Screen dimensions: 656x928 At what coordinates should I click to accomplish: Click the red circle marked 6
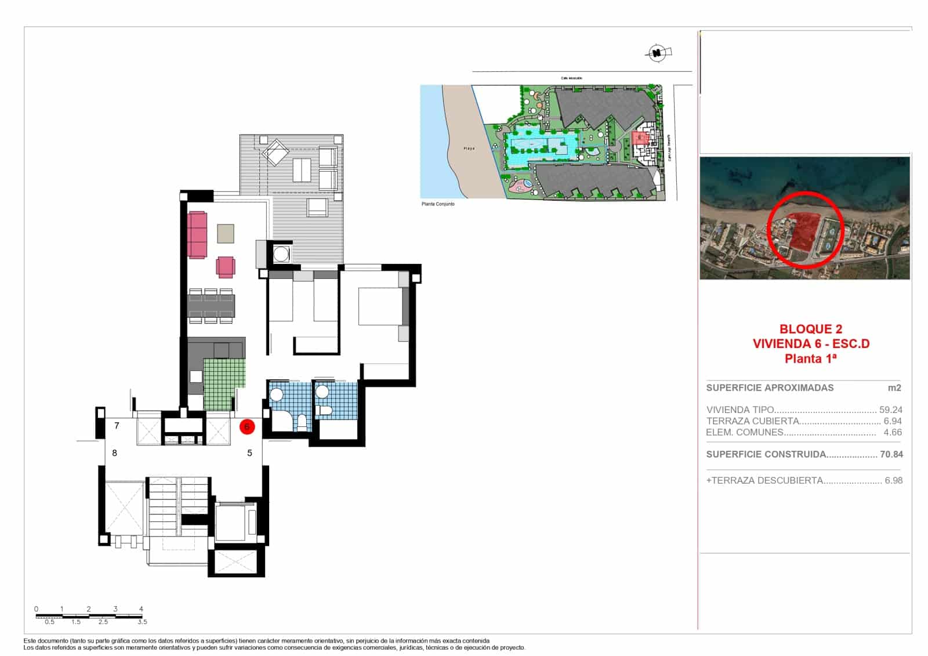pyautogui.click(x=247, y=427)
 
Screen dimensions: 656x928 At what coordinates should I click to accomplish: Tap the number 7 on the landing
pyautogui.click(x=117, y=426)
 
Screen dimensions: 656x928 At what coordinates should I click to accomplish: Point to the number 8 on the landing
pyautogui.click(x=115, y=453)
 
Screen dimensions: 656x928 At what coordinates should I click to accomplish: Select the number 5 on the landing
pyautogui.click(x=250, y=453)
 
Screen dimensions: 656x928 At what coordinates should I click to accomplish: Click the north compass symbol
pyautogui.click(x=657, y=54)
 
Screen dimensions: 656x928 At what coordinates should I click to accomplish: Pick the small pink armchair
pyautogui.click(x=226, y=267)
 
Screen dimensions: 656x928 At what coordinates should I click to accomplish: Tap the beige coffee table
pyautogui.click(x=226, y=233)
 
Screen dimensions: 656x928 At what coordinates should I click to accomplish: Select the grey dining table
pyautogui.click(x=211, y=306)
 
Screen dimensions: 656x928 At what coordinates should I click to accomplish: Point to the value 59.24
pyautogui.click(x=891, y=409)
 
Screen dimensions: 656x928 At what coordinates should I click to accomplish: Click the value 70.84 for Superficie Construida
pyautogui.click(x=891, y=455)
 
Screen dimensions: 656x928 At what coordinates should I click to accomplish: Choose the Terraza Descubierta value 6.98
pyautogui.click(x=893, y=480)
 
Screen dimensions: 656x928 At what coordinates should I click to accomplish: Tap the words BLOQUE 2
pyautogui.click(x=811, y=329)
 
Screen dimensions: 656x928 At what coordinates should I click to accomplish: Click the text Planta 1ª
pyautogui.click(x=811, y=358)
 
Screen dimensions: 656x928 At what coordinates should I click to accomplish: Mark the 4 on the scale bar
pyautogui.click(x=142, y=609)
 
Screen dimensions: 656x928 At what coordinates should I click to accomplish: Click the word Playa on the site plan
pyautogui.click(x=469, y=148)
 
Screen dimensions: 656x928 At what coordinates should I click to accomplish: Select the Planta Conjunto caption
pyautogui.click(x=438, y=204)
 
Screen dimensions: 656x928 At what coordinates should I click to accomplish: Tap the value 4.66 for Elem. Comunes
pyautogui.click(x=893, y=432)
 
